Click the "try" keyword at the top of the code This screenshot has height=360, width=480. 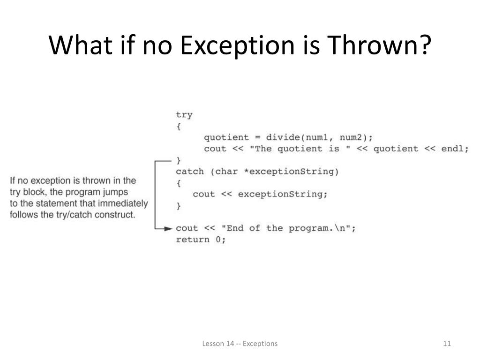[x=184, y=115]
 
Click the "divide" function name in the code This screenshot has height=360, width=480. [x=283, y=137]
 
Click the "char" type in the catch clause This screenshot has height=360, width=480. [x=226, y=172]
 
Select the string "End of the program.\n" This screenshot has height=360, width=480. [x=286, y=228]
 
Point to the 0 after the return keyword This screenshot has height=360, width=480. [x=220, y=240]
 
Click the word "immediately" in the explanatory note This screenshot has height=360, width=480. [x=124, y=203]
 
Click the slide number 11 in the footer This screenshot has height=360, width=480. [x=446, y=344]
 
